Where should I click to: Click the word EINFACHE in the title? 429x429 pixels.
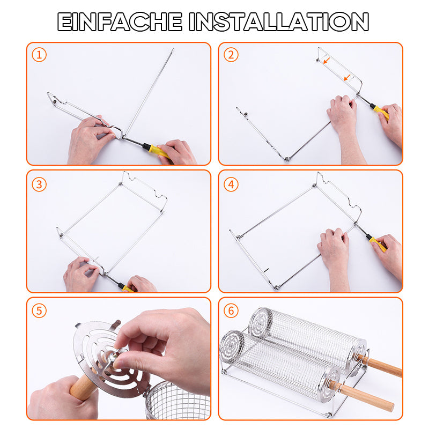120,22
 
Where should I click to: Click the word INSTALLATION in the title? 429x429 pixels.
279,22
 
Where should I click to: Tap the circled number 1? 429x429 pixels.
39,55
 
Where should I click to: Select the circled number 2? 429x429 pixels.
231,55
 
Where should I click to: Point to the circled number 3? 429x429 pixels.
39,184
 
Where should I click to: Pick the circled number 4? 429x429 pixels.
231,184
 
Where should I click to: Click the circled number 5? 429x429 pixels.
39,311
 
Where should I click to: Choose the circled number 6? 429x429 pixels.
231,311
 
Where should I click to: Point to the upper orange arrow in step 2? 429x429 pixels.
327,61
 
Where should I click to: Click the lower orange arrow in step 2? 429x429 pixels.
347,78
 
